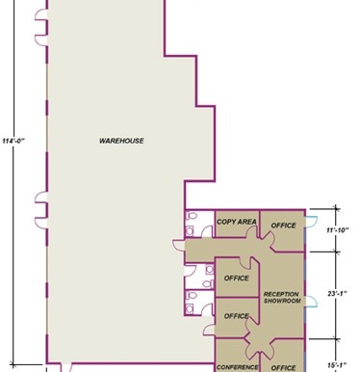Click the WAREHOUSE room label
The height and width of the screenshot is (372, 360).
coord(121,141)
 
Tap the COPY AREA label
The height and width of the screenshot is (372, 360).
coord(237,222)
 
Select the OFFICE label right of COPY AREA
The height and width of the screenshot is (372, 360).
coord(283,226)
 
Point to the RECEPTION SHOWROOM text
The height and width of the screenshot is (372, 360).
coord(282,298)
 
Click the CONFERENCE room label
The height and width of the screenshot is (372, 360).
coord(237,367)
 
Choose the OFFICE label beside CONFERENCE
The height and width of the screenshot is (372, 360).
coord(283,368)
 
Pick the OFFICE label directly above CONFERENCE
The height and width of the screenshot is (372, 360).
coord(237,316)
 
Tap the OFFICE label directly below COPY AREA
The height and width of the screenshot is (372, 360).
coord(237,279)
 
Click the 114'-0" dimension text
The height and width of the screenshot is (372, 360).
coord(13,141)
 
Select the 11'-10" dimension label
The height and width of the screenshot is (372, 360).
coord(338,230)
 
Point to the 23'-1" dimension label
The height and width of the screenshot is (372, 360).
coord(337,293)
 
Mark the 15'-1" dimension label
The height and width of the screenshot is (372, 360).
coord(337,365)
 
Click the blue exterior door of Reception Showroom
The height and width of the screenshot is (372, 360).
coord(311,302)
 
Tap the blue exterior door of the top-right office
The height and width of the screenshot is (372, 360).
coord(311,222)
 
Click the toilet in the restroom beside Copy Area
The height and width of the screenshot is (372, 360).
coord(193,216)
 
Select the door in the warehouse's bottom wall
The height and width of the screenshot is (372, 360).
coord(66,368)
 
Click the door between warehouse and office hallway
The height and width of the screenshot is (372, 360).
coord(179,245)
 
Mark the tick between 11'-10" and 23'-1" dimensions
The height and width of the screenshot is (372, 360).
coord(336,252)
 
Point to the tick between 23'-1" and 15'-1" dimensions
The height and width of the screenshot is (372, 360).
coord(336,338)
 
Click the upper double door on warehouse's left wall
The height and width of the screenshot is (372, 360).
coord(40,27)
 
